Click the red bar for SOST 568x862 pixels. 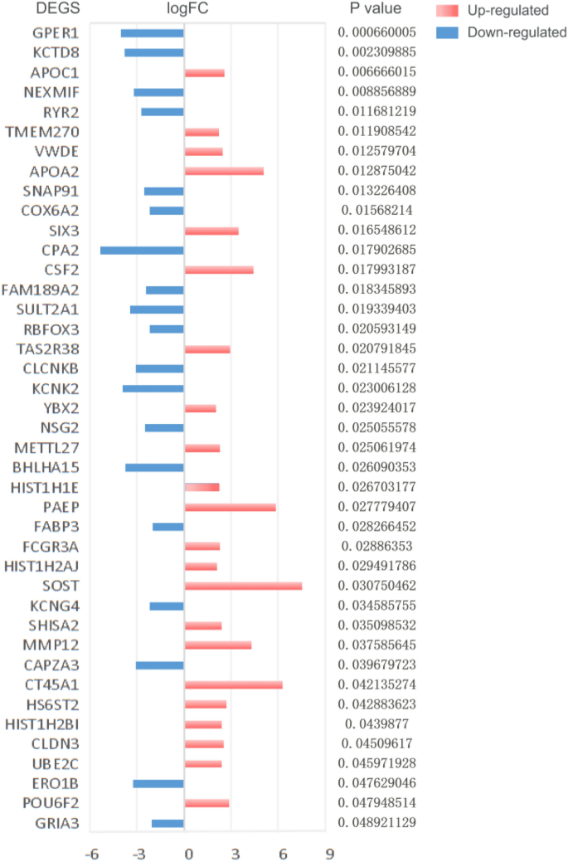tap(243, 586)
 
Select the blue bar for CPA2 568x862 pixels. tap(142, 250)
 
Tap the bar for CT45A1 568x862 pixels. tap(233, 684)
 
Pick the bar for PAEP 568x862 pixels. tap(230, 507)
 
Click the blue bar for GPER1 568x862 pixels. tap(152, 33)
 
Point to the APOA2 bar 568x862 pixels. tap(224, 171)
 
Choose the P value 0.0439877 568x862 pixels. tap(376, 724)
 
